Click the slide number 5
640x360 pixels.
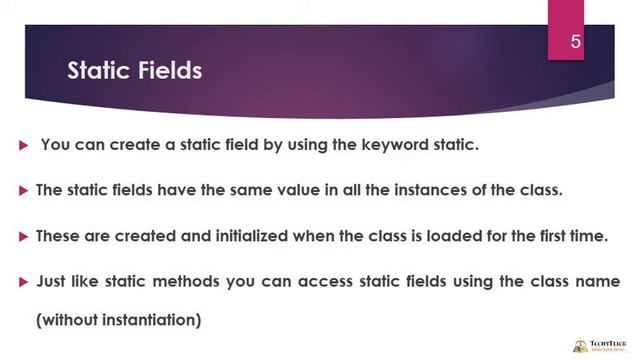576,41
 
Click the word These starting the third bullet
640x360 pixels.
57,236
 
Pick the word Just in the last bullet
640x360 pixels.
53,282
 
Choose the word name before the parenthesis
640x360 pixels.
598,282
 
